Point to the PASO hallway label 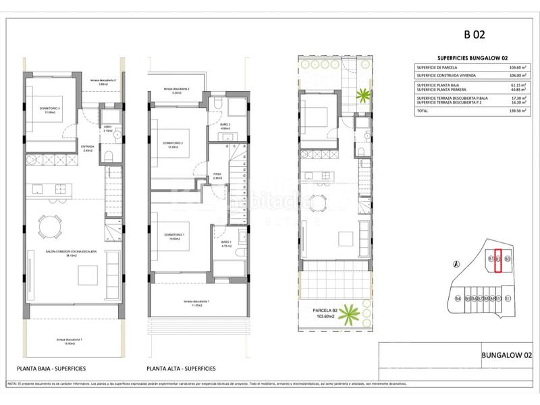coord(218,175)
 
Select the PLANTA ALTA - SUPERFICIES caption coord(182,369)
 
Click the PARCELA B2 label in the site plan coord(327,311)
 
